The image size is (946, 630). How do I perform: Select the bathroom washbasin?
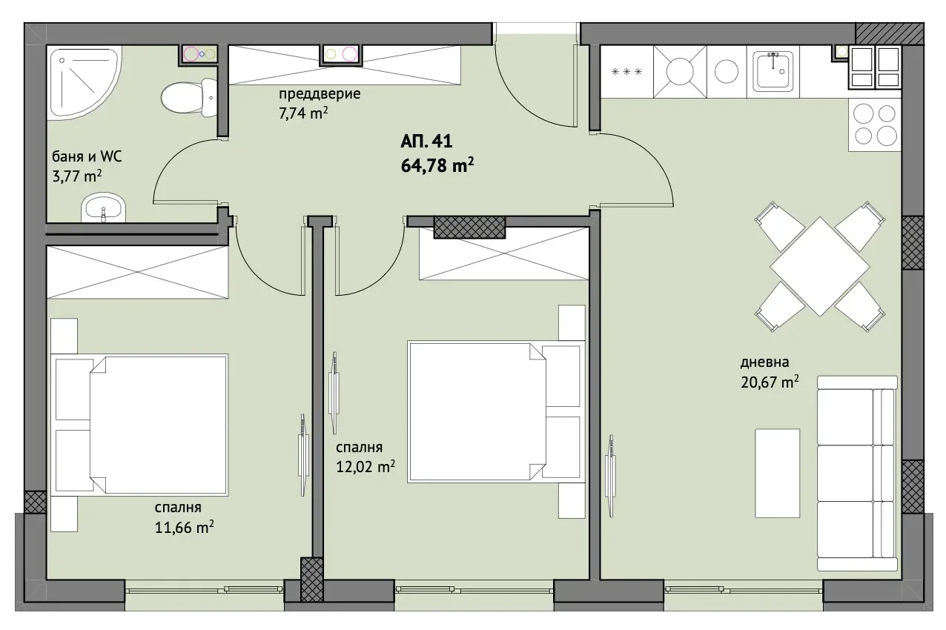tap(104, 208)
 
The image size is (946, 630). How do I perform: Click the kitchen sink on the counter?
tap(773, 72)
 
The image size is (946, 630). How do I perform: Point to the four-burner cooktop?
tap(875, 125)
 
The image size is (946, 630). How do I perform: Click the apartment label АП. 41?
tap(426, 141)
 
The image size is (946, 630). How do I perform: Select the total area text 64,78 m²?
tap(437, 165)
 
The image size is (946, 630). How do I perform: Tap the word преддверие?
tap(320, 93)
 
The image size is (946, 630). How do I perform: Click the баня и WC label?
tap(87, 156)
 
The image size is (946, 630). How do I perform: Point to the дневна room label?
tap(764, 362)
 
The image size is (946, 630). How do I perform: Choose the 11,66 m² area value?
tap(184, 528)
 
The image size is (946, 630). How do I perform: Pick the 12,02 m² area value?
tap(365, 467)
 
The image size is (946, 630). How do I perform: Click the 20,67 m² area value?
tap(770, 382)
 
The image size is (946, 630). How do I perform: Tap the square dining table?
tap(820, 266)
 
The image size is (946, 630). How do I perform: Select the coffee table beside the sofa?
tap(777, 473)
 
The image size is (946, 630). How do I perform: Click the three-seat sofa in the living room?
tap(857, 473)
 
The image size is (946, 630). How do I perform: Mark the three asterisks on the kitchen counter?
tap(626, 72)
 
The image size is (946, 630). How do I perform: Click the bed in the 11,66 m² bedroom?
tap(139, 425)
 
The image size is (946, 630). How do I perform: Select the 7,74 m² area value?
tap(303, 113)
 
